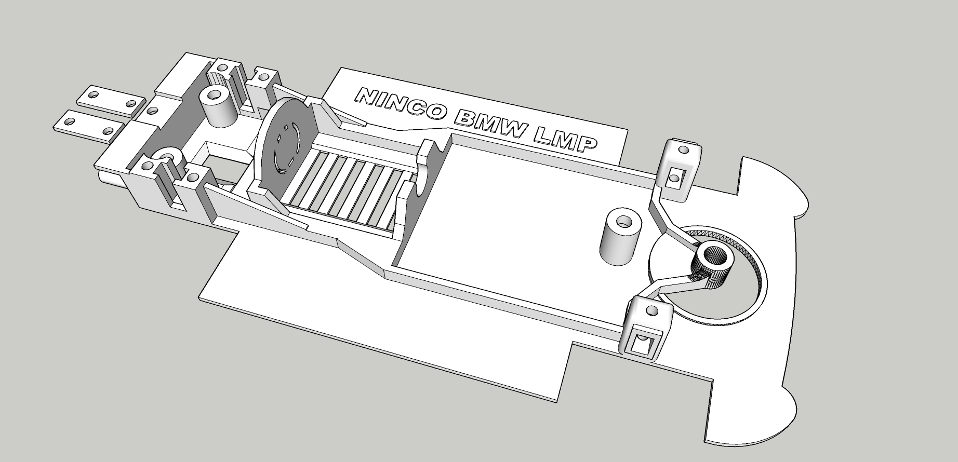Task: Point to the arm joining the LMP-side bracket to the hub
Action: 670,218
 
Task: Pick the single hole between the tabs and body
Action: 153,110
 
